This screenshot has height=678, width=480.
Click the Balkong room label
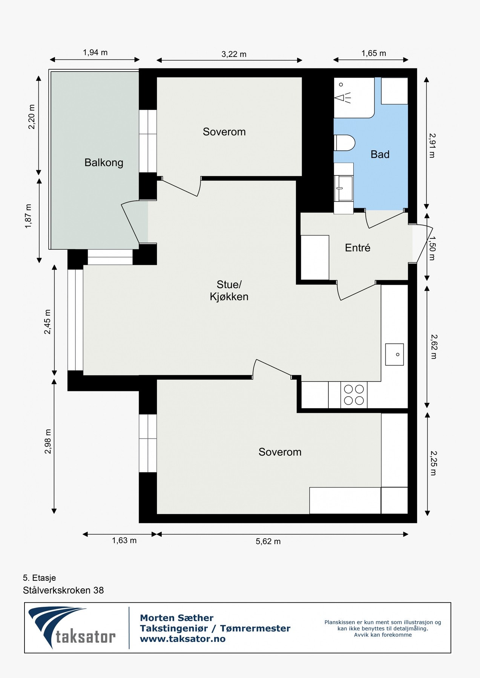click(104, 163)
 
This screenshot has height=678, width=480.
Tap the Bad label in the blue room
click(380, 154)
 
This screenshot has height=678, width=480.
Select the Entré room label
click(357, 248)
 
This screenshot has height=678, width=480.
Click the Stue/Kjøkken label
click(229, 290)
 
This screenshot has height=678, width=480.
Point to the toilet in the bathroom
click(345, 144)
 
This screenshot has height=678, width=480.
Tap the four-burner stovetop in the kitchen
click(354, 395)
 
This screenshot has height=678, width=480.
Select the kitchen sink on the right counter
click(394, 354)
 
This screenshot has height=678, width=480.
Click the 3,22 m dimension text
click(234, 54)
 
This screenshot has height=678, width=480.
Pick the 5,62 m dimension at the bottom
click(268, 542)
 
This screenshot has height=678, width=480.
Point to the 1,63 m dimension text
click(124, 541)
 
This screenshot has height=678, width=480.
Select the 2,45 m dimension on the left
click(48, 322)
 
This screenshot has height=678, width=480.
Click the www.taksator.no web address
click(182, 639)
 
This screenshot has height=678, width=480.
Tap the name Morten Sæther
click(176, 618)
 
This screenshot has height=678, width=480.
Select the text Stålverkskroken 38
click(63, 590)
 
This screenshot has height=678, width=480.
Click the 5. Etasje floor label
click(39, 578)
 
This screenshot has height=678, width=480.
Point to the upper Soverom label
click(224, 132)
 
